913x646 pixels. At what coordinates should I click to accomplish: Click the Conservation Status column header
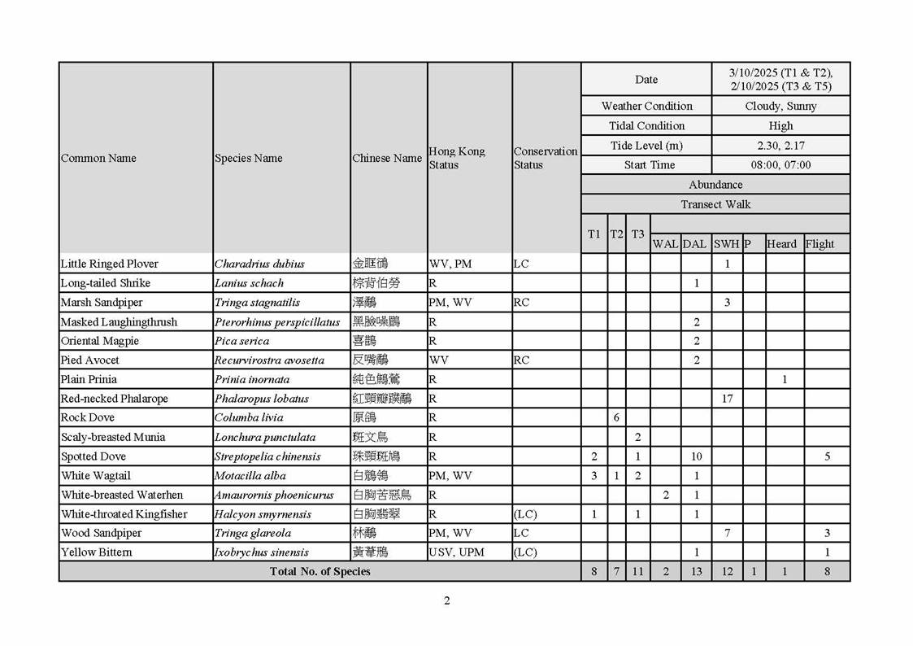click(x=545, y=158)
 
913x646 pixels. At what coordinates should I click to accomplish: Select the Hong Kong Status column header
click(x=456, y=158)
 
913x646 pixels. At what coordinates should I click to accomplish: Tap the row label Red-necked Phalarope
click(x=115, y=399)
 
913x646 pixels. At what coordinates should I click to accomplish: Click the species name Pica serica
click(x=241, y=341)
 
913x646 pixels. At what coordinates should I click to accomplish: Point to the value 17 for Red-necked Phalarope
click(x=727, y=399)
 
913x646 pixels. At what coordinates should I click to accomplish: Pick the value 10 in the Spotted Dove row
click(x=696, y=456)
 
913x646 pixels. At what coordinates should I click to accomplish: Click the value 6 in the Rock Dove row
click(x=616, y=417)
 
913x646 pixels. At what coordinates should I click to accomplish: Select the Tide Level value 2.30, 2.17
click(x=780, y=146)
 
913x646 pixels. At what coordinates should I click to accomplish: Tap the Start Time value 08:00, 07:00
click(x=780, y=165)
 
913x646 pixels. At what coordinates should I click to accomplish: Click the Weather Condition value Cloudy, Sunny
click(x=780, y=106)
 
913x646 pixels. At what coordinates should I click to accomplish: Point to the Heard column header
click(x=781, y=244)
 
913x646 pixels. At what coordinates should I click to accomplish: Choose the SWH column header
click(x=726, y=244)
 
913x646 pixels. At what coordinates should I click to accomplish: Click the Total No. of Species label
click(x=320, y=571)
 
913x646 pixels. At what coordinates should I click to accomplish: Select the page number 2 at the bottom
click(x=446, y=601)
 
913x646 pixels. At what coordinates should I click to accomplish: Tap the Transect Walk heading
click(x=715, y=204)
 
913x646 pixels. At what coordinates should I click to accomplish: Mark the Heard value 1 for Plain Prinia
click(x=785, y=379)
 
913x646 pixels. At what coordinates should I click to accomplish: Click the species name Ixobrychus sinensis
click(x=261, y=552)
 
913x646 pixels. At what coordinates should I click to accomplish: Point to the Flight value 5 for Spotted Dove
click(x=827, y=456)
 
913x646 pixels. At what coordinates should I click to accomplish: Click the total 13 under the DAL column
click(x=696, y=571)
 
